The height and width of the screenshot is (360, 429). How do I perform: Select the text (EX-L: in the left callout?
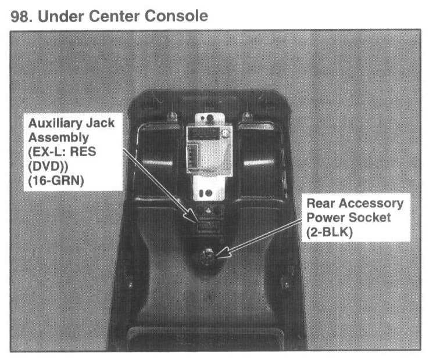(42, 153)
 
